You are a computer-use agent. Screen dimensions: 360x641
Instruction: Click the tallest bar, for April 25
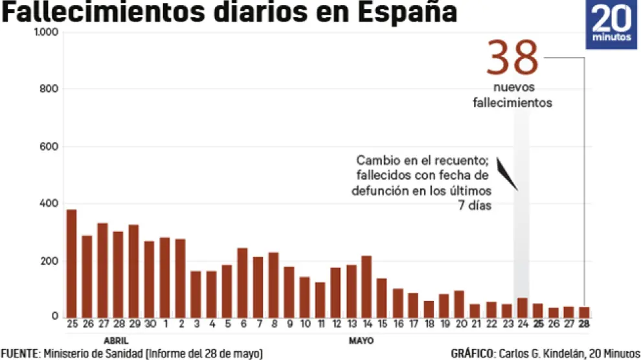coord(71,263)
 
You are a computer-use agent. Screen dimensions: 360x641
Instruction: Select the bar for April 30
coord(149,279)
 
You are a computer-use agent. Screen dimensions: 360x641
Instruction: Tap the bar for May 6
coord(242,282)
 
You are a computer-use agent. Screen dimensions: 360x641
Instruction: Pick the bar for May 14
coord(366,286)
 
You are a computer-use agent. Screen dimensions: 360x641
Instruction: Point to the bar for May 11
coord(320,299)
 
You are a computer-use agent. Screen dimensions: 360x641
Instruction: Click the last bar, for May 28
coord(584,311)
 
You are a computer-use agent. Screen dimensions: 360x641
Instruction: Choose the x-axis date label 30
coord(149,324)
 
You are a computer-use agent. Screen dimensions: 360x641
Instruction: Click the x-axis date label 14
coord(366,324)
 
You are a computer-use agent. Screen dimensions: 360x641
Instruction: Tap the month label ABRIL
coord(116,340)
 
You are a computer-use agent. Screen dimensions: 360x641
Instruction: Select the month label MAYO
coord(361,340)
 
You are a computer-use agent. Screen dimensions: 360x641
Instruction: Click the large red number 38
coord(512,58)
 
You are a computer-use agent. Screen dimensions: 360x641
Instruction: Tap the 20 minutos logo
coord(611,25)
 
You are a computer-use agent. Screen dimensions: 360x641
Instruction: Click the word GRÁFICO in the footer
coord(471,354)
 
